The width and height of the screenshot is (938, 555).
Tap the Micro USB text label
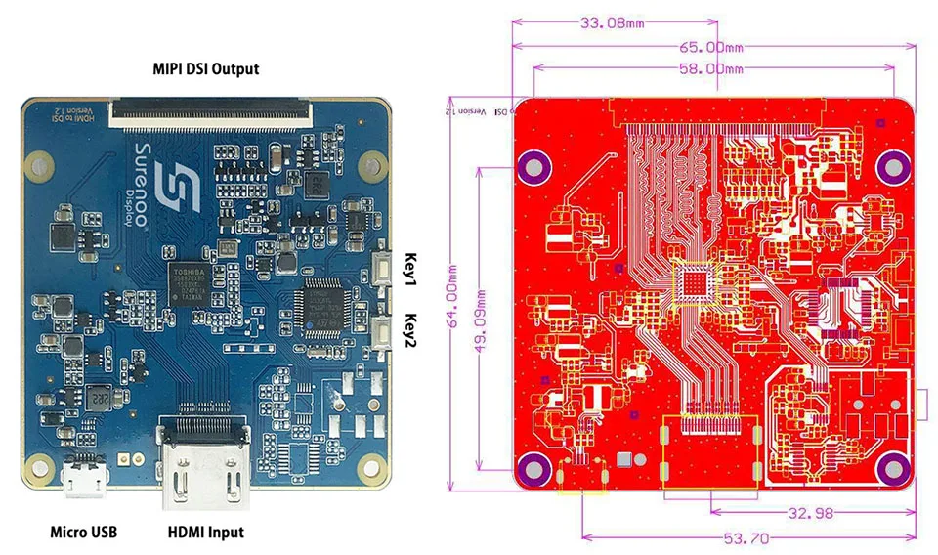tap(83, 533)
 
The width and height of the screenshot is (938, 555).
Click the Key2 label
tap(411, 328)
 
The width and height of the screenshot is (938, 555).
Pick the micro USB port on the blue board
tap(83, 482)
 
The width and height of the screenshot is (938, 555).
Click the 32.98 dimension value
tap(807, 513)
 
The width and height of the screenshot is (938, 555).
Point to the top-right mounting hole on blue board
tap(370, 164)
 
